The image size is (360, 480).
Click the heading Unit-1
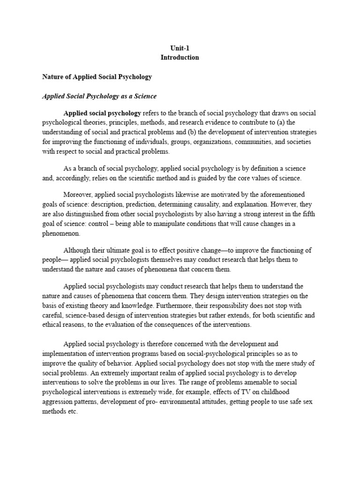[180, 48]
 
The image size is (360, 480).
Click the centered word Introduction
[180, 57]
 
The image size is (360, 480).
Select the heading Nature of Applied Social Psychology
[97, 76]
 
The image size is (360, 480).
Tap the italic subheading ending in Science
[99, 96]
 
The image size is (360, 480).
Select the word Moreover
[78, 194]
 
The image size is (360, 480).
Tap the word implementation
[66, 353]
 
